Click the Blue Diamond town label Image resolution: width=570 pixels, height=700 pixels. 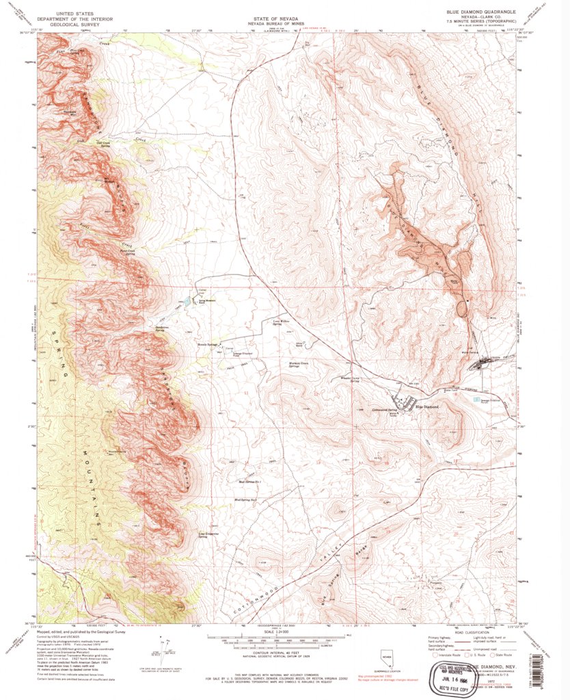[421, 407]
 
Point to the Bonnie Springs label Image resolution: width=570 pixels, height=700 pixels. [209, 344]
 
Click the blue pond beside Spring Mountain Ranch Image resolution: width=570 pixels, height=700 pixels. [187, 302]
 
